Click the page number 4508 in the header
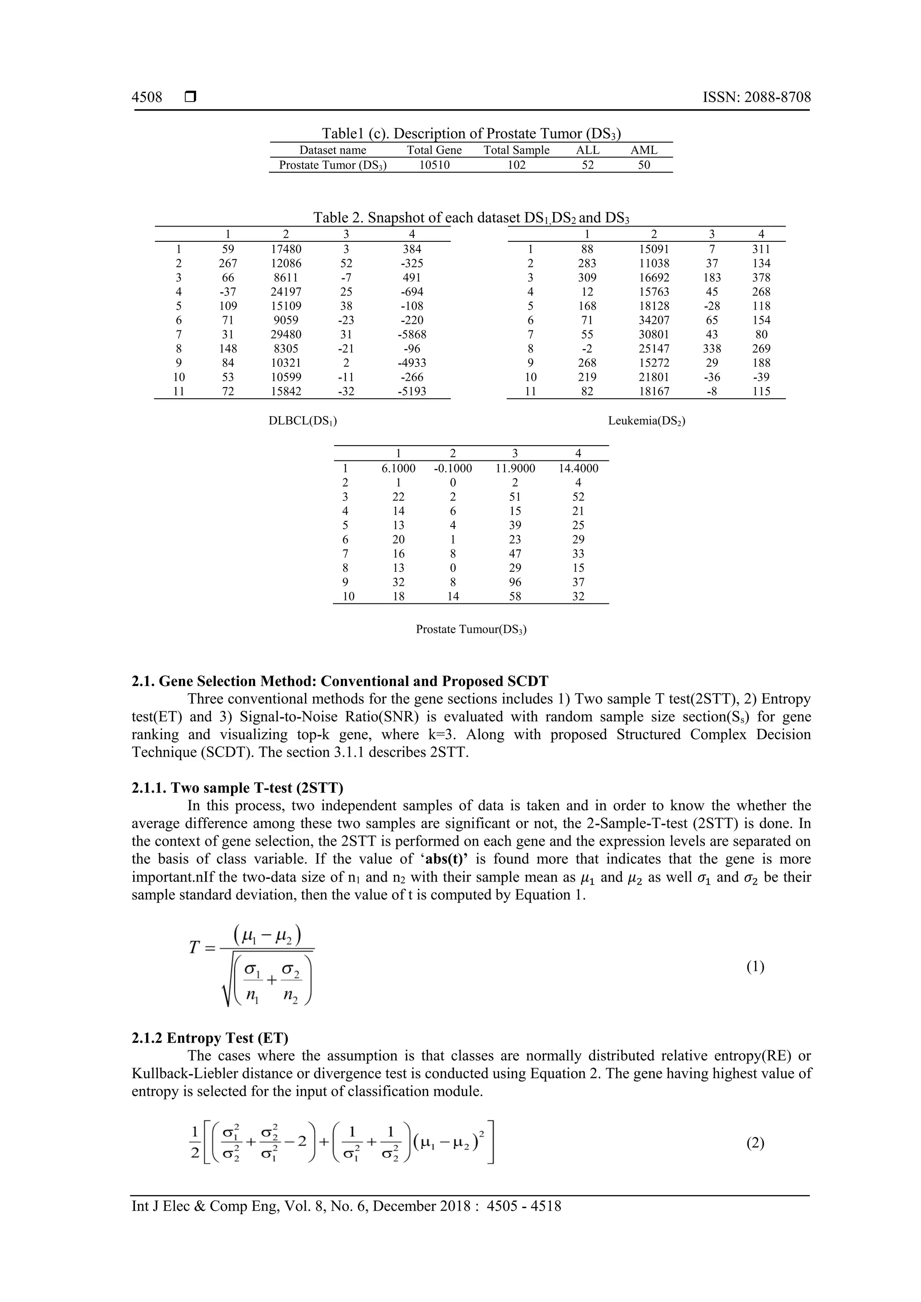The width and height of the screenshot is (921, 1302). pos(147,97)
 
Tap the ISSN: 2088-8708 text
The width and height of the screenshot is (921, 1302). pos(756,97)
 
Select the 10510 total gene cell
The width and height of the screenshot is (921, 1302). pos(434,165)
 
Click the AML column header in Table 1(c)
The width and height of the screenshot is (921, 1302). pos(644,150)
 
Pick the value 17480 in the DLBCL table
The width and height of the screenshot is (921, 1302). pos(286,249)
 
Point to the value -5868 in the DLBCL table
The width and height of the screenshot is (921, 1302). pos(412,334)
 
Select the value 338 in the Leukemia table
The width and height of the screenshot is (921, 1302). pos(712,349)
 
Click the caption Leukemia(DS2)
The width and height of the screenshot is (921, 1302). pos(647,421)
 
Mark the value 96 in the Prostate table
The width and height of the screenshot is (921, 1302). pos(514,582)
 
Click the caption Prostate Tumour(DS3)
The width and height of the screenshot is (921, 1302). pos(471,629)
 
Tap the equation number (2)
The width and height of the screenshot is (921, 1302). pos(755,1143)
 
